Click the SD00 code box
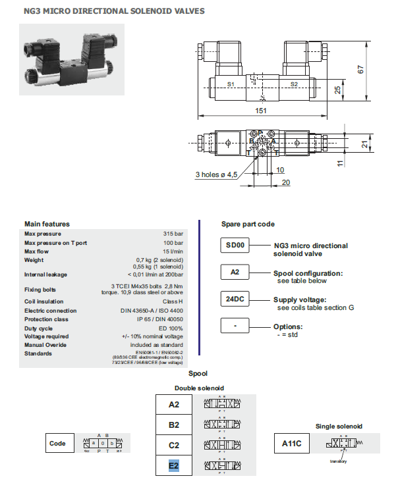pos(235,246)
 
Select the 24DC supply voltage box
pos(235,299)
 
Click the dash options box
pos(235,326)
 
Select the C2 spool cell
pos(174,445)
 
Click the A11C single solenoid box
pos(291,443)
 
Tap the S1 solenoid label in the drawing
pos(231,84)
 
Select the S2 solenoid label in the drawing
pos(294,84)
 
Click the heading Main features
pos(47,224)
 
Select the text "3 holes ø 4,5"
pos(215,174)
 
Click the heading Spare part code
pos(248,224)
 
